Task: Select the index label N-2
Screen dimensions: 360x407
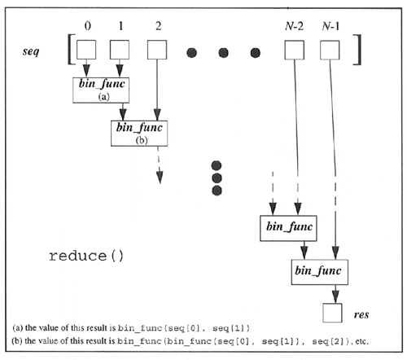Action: click(x=293, y=24)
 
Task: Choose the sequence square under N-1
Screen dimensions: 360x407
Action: click(x=330, y=52)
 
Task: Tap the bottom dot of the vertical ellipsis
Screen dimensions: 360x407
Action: click(x=217, y=191)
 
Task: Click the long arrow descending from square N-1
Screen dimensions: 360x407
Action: click(x=333, y=163)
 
